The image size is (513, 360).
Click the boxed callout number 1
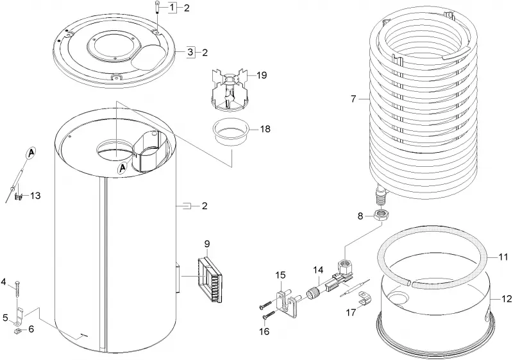[172, 7]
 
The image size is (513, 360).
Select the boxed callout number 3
[190, 52]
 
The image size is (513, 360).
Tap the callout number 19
[262, 75]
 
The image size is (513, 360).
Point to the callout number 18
[265, 129]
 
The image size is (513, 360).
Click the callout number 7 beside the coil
[353, 99]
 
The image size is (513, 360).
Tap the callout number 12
[506, 298]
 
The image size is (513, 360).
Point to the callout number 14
[318, 270]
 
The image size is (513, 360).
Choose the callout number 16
[264, 332]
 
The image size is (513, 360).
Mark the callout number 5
[5, 318]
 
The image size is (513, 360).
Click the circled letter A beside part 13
[31, 152]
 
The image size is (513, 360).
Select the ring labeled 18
[231, 132]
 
